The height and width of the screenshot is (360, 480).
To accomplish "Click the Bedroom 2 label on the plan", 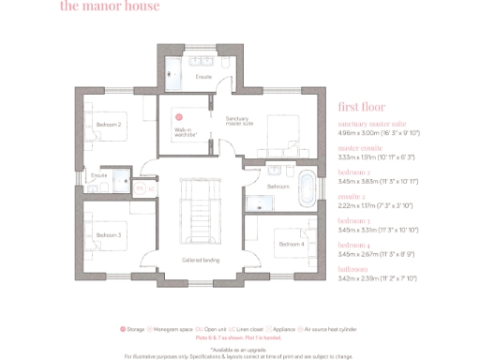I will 108,125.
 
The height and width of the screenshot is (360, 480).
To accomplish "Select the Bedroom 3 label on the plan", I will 108,235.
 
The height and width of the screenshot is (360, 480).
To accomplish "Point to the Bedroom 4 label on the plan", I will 290,245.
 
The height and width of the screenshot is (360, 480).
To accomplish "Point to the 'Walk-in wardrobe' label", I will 186,133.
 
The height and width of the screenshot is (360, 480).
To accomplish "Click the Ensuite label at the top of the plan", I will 203,77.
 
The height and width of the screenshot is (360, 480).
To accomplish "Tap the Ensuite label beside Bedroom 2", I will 97,175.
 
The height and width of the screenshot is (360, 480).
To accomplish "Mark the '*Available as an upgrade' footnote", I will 239,349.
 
